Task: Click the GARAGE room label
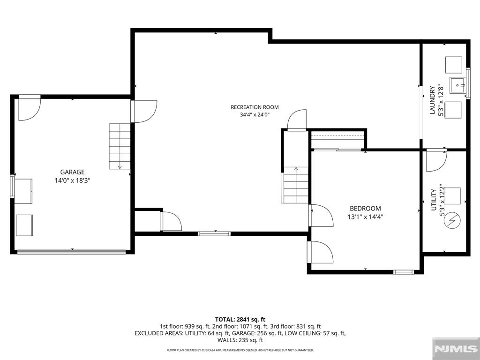click(x=72, y=172)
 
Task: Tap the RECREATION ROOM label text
click(x=255, y=107)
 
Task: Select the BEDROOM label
click(x=365, y=209)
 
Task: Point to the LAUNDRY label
click(x=432, y=100)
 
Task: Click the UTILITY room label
click(x=434, y=200)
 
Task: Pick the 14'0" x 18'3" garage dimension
click(x=72, y=180)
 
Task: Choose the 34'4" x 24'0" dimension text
click(x=255, y=115)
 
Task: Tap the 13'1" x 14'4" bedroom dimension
click(x=365, y=217)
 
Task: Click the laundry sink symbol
click(x=457, y=85)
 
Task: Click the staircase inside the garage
click(x=120, y=146)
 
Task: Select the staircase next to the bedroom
click(x=296, y=185)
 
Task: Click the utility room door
click(x=436, y=160)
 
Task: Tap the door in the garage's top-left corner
click(x=30, y=108)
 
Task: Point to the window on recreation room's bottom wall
click(x=214, y=233)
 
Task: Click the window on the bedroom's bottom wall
click(x=404, y=272)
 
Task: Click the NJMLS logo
click(x=456, y=349)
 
